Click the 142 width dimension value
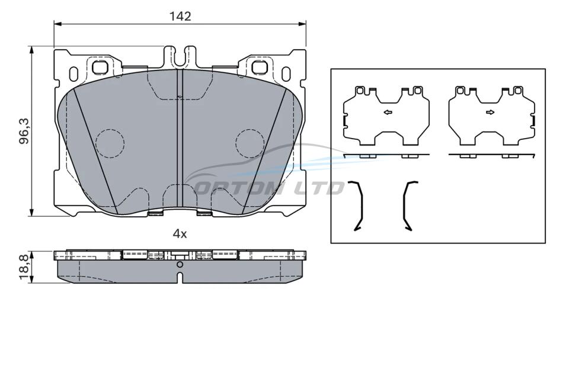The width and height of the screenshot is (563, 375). [180, 16]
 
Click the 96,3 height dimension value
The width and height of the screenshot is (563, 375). [24, 132]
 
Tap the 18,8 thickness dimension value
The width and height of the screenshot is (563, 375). [24, 267]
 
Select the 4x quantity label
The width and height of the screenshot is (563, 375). [180, 235]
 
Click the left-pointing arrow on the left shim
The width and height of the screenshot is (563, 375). [388, 113]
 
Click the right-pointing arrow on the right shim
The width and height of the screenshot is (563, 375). [490, 113]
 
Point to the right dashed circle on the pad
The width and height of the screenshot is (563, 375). [250, 143]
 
